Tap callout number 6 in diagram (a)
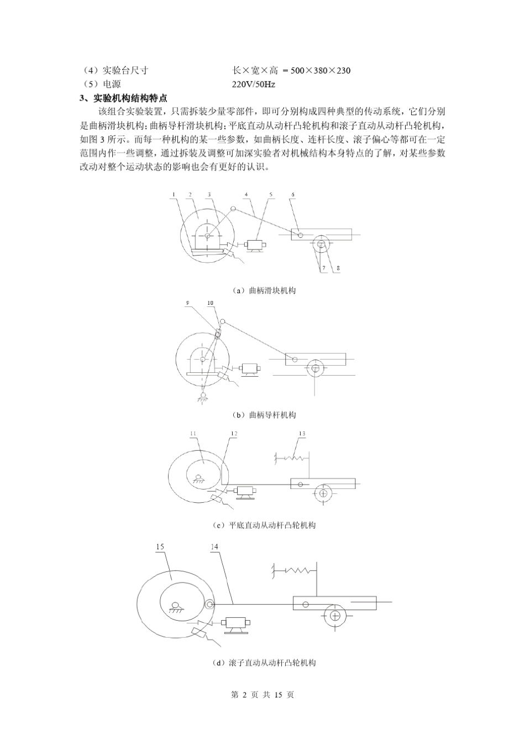(293, 194)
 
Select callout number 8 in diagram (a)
(338, 268)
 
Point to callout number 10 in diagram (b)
(211, 303)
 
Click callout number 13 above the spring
(302, 434)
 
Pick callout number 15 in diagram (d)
(160, 547)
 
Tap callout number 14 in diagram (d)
(215, 547)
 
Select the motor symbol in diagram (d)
(237, 624)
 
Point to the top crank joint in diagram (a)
(233, 209)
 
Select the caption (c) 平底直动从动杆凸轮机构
(264, 525)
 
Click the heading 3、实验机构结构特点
(123, 98)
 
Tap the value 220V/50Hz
(254, 85)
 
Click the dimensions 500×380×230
(321, 70)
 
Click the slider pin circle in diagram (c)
(300, 485)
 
